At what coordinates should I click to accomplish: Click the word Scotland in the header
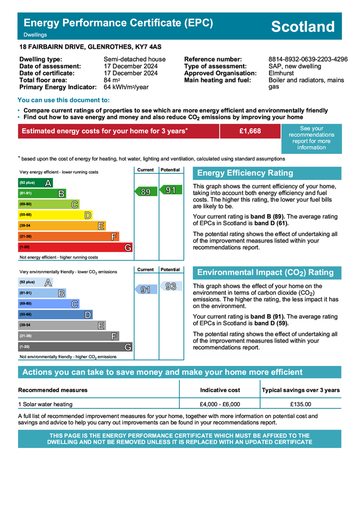[303, 26]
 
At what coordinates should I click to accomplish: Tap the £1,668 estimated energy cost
[250, 131]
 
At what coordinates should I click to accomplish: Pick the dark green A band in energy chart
[36, 183]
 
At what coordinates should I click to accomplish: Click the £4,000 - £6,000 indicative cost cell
[220, 404]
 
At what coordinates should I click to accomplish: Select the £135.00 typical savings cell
[300, 404]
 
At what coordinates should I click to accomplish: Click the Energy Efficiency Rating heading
[245, 173]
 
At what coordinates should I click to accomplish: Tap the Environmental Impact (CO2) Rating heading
[265, 272]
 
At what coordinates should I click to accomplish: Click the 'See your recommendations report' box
[311, 138]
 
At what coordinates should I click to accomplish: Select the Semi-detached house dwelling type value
[134, 59]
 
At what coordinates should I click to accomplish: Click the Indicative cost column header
[220, 390]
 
